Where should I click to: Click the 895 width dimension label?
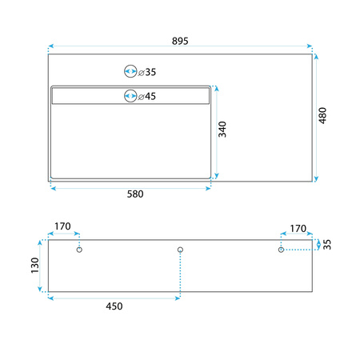point(180,41)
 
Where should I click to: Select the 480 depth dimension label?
point(322,115)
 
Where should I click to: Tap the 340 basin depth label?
point(222,130)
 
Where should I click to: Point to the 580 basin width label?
point(135,194)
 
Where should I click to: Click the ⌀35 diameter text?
point(147,72)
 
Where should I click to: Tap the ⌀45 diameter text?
point(147,96)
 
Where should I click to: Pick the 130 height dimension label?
point(35,266)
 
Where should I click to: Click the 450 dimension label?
point(114,306)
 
